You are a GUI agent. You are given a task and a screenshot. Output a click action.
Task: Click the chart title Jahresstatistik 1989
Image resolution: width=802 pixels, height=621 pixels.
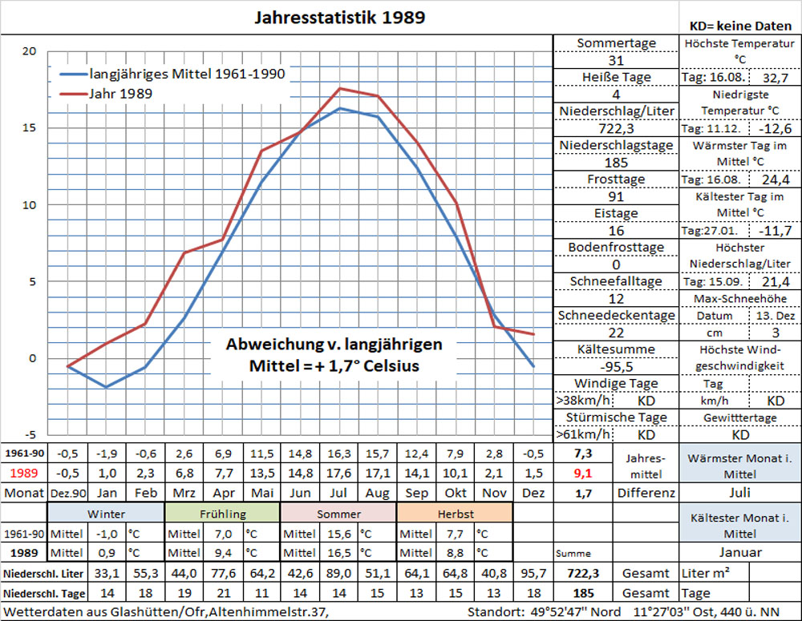[340, 17]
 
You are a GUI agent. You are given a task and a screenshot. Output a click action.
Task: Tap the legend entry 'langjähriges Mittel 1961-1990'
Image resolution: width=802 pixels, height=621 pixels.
[187, 74]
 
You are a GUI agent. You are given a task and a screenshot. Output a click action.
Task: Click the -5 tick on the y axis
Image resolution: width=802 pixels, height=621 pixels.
[29, 435]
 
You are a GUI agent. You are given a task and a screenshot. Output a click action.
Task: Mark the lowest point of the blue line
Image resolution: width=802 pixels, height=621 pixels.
[106, 387]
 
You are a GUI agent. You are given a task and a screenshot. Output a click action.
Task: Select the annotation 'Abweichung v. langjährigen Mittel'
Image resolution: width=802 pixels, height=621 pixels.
[334, 355]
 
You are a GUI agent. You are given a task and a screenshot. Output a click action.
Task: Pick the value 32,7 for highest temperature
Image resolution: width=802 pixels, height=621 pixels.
[774, 79]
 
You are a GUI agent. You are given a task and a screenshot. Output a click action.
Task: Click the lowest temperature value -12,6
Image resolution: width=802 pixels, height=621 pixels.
[774, 129]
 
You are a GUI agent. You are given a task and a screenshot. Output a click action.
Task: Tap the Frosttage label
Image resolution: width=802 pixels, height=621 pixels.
[616, 179]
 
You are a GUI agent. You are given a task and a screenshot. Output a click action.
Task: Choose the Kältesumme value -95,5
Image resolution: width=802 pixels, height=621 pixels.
[616, 366]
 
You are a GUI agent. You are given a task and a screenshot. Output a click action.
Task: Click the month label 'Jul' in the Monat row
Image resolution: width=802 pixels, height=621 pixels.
[340, 493]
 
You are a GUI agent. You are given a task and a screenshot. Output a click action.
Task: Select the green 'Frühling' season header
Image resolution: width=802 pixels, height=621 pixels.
[222, 513]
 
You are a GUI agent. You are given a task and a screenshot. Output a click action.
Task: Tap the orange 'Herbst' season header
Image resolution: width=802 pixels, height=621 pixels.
[454, 513]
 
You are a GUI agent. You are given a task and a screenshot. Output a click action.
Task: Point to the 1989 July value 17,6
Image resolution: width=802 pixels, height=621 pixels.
[340, 473]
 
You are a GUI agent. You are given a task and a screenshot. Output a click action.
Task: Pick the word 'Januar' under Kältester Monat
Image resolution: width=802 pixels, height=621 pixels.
[740, 553]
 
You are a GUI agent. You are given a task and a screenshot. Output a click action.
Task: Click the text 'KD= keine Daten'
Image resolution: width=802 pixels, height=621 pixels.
[740, 25]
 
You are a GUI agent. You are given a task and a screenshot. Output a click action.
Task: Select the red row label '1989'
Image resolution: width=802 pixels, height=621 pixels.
[24, 473]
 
